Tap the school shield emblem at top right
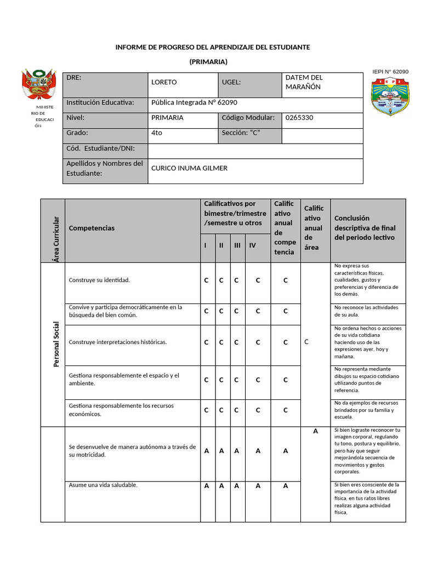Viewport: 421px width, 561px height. point(390,96)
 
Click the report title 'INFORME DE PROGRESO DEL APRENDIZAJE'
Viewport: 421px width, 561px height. point(212,47)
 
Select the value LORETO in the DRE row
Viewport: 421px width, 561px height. point(164,82)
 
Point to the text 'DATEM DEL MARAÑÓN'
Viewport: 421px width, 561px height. point(304,82)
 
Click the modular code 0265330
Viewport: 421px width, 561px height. point(299,118)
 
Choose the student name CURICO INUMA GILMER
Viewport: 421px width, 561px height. point(189,168)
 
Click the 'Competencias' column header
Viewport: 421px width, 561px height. point(92,228)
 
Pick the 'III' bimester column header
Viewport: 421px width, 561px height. point(237,245)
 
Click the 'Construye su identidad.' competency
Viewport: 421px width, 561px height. point(99,280)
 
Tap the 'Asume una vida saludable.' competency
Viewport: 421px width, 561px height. point(103,485)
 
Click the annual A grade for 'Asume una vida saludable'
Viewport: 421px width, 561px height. point(285,485)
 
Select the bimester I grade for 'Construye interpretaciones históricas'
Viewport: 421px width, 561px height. point(206,342)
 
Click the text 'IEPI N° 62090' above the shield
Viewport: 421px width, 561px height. point(390,72)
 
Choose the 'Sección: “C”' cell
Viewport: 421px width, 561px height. point(241,133)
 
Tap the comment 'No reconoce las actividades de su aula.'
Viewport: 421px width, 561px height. point(366,311)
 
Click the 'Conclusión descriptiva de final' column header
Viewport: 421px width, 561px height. point(365,228)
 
